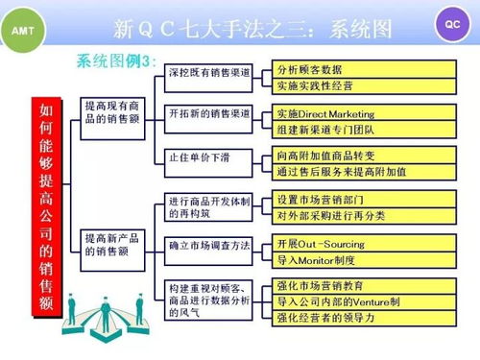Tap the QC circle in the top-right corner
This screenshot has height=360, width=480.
coord(453,23)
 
